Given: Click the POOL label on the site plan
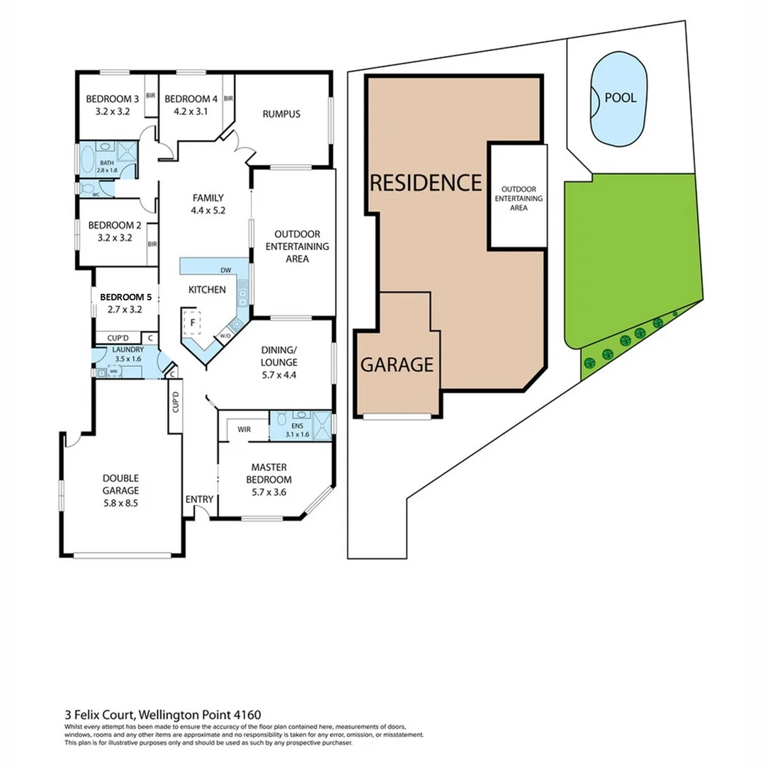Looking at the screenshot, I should point(620,98).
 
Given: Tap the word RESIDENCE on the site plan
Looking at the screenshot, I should point(426,183).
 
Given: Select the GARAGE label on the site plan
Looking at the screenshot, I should point(397,365).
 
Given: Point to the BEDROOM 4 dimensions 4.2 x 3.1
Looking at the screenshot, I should point(186,110).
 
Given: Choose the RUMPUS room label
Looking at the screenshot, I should point(281,114).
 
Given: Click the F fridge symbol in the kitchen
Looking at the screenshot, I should point(190,323).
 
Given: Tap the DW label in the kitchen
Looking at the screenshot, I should point(226,271).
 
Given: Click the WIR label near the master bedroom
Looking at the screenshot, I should point(244,429).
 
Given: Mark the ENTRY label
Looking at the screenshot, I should point(199,499).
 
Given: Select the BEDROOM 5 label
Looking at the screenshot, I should point(125,297).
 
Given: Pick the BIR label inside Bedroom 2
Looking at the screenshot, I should point(152,244).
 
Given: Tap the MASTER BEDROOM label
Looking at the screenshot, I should point(272,473).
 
